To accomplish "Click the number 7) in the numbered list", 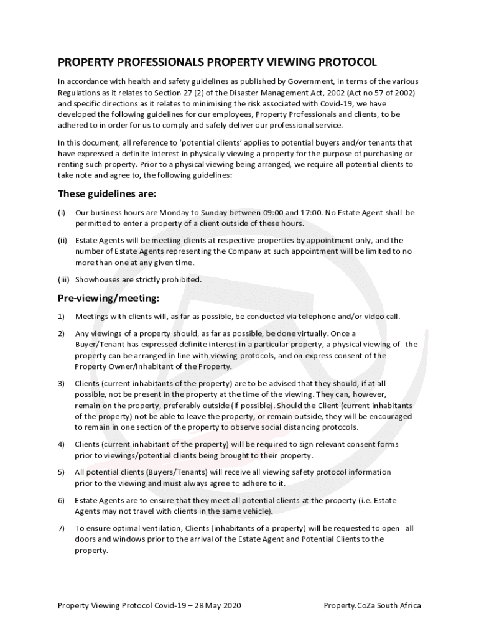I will [62, 528].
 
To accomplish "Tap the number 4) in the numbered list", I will [62, 444].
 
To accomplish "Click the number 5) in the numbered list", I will [62, 472].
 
